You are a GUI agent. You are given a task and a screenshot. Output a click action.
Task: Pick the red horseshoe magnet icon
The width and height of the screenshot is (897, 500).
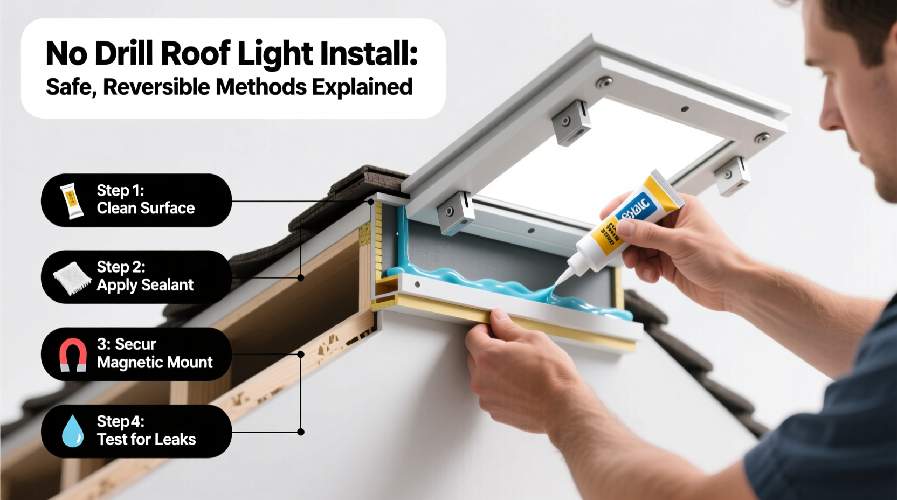[x=73, y=355]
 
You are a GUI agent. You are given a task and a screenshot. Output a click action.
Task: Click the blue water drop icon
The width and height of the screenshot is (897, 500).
[x=73, y=432]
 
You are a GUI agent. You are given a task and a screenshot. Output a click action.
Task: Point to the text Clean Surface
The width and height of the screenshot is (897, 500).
[x=146, y=208]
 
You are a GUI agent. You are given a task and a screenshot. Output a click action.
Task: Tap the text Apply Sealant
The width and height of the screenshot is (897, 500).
[x=145, y=285]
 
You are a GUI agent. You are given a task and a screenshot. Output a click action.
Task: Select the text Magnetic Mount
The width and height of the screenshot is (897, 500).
[x=155, y=362]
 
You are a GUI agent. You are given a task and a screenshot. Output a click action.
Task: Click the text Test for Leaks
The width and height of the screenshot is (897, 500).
[x=146, y=439]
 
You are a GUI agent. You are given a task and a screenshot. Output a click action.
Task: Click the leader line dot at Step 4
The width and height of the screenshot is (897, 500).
[x=301, y=432]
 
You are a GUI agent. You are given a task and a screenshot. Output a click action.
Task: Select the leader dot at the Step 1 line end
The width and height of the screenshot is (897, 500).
[x=371, y=202]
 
